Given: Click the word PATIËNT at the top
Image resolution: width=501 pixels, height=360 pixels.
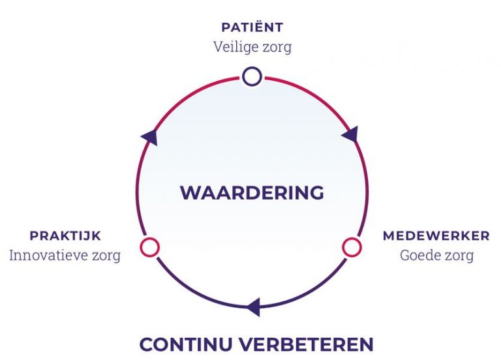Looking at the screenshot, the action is point(252,27).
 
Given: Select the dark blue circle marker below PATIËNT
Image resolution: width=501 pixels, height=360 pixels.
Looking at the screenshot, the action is point(252,76).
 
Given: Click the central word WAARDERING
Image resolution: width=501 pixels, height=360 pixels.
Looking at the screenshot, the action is point(252,192).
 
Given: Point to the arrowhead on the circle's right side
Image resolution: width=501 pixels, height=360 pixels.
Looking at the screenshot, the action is point(350,134).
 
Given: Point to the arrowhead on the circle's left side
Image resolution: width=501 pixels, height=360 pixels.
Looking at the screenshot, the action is point(149,138).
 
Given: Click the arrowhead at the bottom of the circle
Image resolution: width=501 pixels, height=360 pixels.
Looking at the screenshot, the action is point(253,307).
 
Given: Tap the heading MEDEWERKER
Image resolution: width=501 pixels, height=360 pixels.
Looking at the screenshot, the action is point(436,236).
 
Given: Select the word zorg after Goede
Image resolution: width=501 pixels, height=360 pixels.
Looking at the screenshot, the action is point(459,256).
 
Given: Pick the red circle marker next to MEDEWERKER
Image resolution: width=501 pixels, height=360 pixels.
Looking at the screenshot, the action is point(352,247).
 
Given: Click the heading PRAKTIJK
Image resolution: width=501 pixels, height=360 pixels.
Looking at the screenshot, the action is point(65,236).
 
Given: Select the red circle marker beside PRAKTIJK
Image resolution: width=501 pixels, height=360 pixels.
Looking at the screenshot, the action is point(149,247).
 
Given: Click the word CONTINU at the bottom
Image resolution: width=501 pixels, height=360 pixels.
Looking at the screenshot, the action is point(186,344).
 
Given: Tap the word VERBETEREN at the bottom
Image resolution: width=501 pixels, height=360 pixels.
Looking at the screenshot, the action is point(306,344).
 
